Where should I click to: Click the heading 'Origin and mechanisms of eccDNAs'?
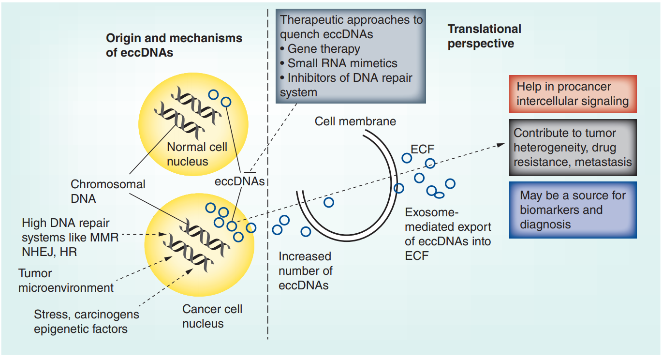pos(174,45)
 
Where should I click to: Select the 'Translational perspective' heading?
pos(484,36)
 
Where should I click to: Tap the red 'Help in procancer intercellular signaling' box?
pos(573,94)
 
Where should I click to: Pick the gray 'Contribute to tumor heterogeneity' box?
pos(573,147)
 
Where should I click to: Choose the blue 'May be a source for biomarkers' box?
pos(573,210)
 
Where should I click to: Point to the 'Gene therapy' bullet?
pos(324,49)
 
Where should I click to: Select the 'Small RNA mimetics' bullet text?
pos(342,63)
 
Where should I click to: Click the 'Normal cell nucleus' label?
pos(197,154)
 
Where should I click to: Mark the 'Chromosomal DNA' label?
pos(108,191)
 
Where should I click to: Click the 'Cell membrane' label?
pos(355,121)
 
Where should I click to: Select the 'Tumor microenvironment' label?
pos(66,280)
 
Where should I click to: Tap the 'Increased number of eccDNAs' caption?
pos(305,270)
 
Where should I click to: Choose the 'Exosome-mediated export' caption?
pos(448,234)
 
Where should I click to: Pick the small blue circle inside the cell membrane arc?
pos(329,202)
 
